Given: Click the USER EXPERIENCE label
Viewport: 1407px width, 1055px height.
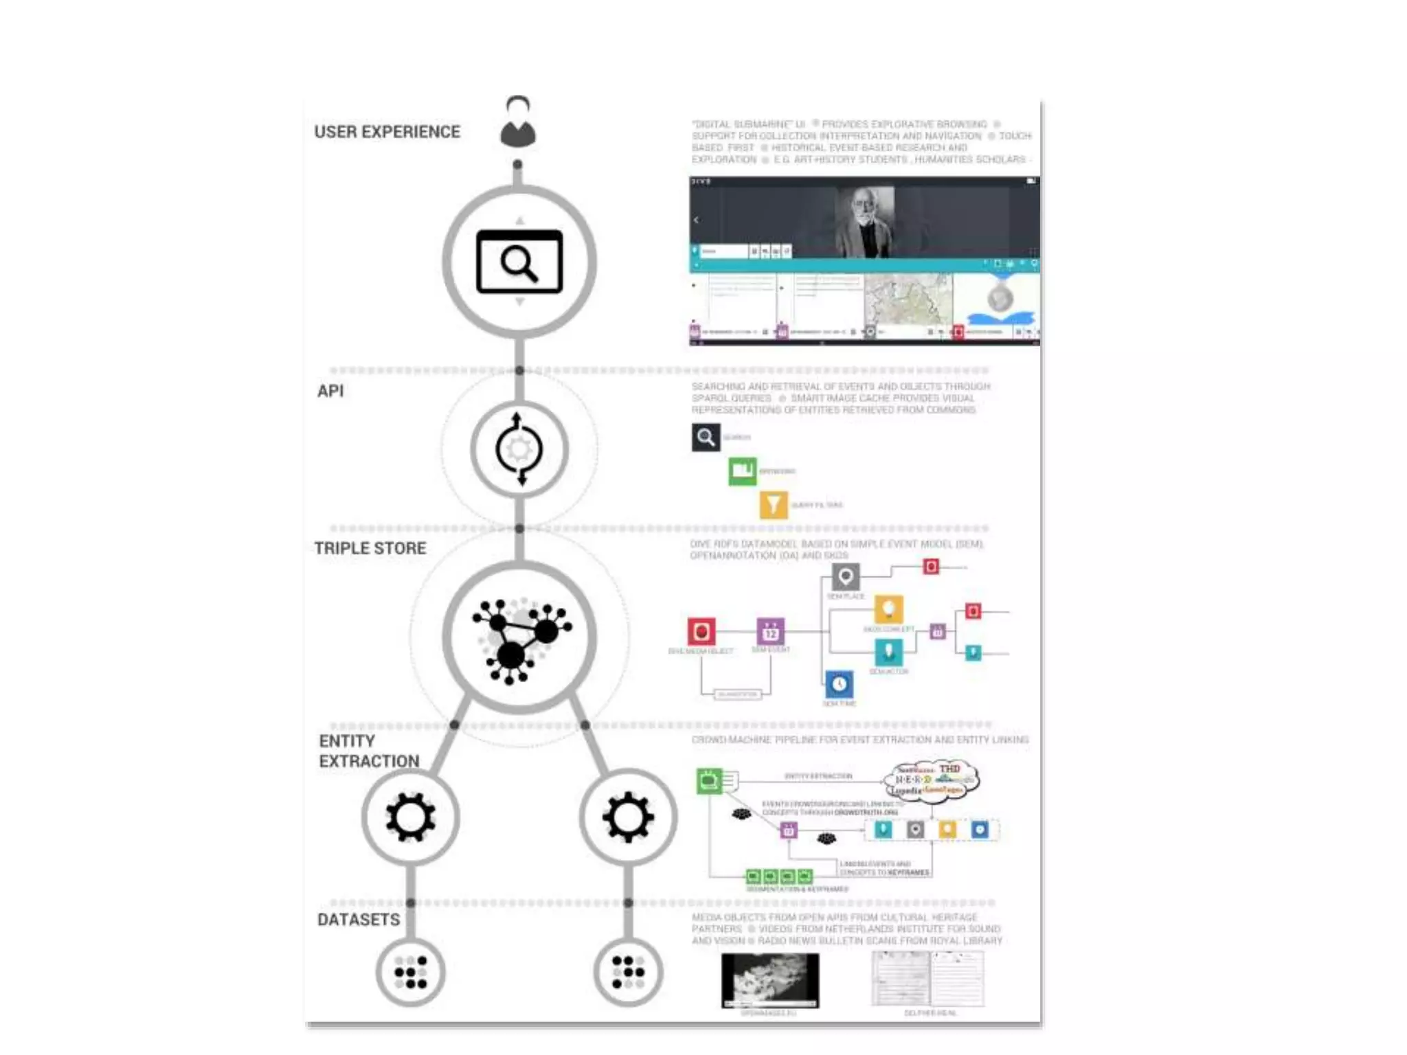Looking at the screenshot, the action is pos(387,132).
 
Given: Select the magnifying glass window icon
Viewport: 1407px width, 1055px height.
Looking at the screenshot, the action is pos(519,262).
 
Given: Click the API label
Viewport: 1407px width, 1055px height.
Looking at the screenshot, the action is pos(330,391).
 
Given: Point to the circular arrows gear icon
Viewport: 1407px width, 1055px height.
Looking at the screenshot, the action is pos(519,450).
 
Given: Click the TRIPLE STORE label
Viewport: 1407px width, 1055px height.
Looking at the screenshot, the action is pos(370,548).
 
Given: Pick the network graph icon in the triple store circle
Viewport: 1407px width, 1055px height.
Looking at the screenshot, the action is pos(520,637).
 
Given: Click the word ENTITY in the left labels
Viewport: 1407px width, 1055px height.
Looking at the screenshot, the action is pos(347,741).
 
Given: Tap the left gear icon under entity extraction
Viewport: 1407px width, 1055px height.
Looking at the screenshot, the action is pos(410,817).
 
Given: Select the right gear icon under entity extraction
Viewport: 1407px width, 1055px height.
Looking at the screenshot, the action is pos(628,817).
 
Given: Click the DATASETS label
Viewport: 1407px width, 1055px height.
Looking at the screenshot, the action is pos(359,920).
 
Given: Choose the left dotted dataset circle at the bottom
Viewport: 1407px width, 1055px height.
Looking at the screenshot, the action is pos(411,972).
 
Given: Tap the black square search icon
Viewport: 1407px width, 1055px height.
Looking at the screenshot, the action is pos(706,437).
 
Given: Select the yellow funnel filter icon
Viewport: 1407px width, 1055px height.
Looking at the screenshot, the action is pos(773,505).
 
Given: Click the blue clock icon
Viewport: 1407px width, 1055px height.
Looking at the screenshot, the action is pos(839,684).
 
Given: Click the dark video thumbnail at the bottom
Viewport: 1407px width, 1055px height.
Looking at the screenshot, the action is pos(770,979).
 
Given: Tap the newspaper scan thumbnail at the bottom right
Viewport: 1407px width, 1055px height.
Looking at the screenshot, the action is pos(927,979).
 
